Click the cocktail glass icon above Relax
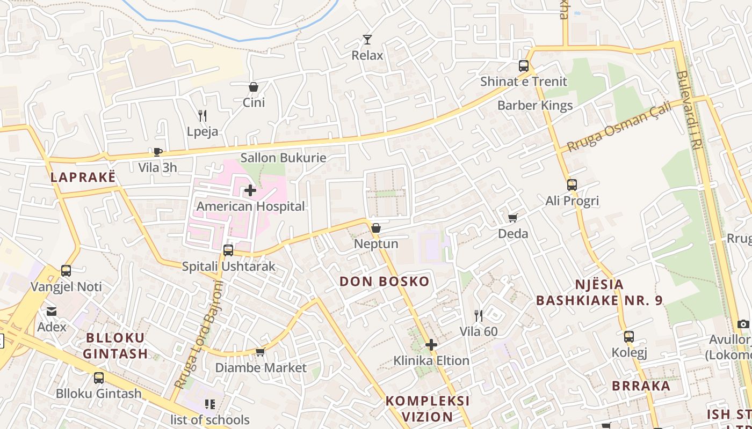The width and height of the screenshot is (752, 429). tap(367, 39)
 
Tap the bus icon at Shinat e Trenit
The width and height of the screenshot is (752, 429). tap(523, 66)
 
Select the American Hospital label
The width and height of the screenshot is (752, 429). tap(250, 206)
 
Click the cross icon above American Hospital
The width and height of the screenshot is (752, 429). tap(250, 190)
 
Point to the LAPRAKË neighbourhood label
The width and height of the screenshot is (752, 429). tap(83, 177)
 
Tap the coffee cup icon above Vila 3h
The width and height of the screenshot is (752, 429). tap(157, 152)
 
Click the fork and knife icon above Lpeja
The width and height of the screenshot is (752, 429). tap(203, 115)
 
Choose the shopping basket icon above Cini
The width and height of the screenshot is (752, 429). tap(254, 87)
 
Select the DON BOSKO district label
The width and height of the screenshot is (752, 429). tap(385, 282)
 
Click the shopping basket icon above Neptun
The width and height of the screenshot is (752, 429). tap(376, 228)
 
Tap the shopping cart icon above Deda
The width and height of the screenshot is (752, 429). tap(512, 218)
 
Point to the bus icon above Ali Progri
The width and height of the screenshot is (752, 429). tap(572, 185)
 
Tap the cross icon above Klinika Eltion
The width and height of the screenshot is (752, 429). tap(431, 345)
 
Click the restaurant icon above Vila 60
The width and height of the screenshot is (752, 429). tap(478, 315)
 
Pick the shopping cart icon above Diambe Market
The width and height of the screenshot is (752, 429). tap(261, 352)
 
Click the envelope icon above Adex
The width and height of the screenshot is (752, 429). tap(52, 311)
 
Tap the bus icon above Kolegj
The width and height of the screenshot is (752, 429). tap(629, 337)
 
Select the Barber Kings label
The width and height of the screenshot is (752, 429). tap(535, 106)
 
